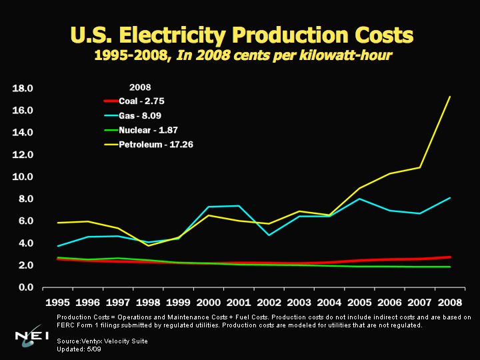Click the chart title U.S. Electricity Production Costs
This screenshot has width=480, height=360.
point(241,34)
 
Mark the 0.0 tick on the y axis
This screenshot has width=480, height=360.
point(26,287)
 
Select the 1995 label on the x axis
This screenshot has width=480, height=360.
point(58,301)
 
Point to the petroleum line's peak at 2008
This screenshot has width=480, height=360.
point(450,97)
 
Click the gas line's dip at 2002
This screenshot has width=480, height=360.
point(269,235)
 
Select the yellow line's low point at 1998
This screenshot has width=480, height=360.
point(148,245)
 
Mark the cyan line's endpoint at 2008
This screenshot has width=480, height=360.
point(450,198)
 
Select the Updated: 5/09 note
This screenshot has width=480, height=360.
point(80,349)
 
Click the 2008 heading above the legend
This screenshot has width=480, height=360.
point(140,87)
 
